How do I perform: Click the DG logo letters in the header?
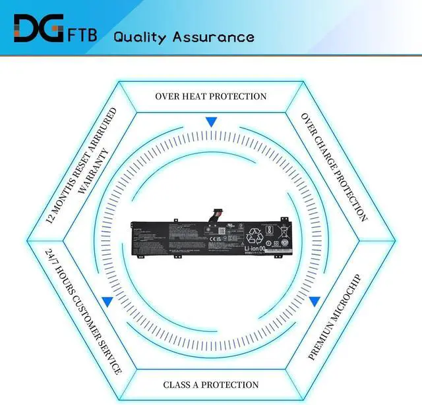tap(37, 30)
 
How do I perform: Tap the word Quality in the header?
tap(140, 36)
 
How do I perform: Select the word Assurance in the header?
tap(214, 36)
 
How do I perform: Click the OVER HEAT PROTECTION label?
tap(211, 96)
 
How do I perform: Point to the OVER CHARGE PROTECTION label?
tap(334, 167)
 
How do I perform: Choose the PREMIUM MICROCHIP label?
tap(334, 317)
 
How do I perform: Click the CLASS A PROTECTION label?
tap(211, 385)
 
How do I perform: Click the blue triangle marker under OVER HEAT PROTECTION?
tap(211, 122)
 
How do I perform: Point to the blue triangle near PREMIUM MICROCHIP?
tap(315, 301)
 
